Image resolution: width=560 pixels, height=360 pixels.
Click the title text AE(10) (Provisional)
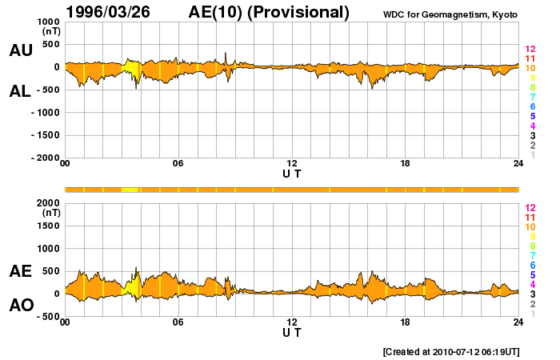click(x=270, y=12)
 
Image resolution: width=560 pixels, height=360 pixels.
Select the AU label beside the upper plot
click(x=21, y=50)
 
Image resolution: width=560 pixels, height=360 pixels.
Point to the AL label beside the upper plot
click(x=21, y=92)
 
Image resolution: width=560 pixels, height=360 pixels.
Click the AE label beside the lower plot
click(x=21, y=271)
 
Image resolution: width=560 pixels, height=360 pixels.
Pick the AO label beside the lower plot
click(x=21, y=306)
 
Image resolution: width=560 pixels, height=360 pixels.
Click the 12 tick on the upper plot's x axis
click(x=292, y=164)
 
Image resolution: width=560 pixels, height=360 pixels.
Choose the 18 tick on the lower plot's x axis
click(x=406, y=322)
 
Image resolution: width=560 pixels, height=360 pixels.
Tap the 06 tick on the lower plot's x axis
click(x=178, y=322)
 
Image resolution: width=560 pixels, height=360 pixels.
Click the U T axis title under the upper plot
click(x=292, y=173)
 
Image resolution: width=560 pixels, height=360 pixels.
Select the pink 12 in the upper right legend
click(x=530, y=50)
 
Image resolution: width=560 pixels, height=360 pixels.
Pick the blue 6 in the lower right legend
click(x=530, y=265)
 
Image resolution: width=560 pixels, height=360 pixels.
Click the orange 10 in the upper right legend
click(x=530, y=69)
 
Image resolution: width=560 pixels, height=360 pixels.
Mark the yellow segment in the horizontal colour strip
click(x=130, y=190)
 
